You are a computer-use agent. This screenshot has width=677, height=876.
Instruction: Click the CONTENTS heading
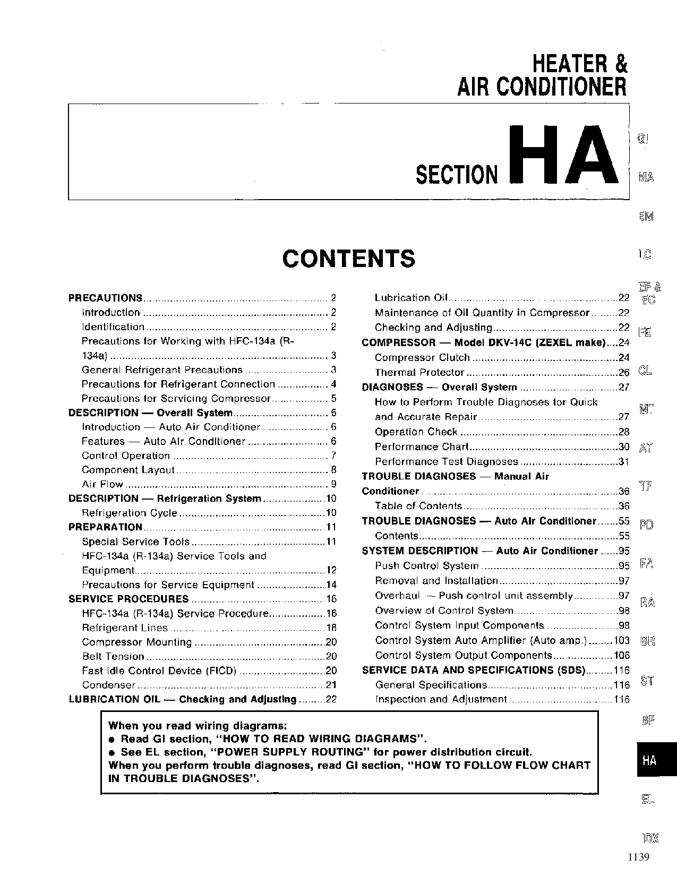pyautogui.click(x=348, y=259)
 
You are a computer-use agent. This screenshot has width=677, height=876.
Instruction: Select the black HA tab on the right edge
pyautogui.click(x=649, y=760)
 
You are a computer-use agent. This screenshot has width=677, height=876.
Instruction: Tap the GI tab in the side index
pyautogui.click(x=642, y=139)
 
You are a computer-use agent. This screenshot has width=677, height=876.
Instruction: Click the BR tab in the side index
pyautogui.click(x=648, y=641)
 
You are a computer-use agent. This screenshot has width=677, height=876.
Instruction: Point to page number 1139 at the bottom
pyautogui.click(x=638, y=857)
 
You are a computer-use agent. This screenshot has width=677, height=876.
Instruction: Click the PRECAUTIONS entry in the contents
pyautogui.click(x=105, y=298)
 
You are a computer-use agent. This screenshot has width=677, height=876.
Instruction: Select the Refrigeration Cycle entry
pyautogui.click(x=130, y=513)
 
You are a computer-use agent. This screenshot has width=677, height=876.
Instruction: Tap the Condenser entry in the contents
pyautogui.click(x=109, y=685)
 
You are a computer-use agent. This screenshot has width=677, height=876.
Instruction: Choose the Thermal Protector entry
pyautogui.click(x=419, y=372)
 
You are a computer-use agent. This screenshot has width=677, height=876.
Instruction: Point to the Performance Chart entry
pyautogui.click(x=422, y=446)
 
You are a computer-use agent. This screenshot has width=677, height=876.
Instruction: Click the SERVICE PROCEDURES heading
pyautogui.click(x=128, y=599)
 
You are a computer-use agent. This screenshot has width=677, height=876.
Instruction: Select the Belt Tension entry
pyautogui.click(x=113, y=656)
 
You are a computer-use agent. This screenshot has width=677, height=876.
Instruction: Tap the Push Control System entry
pyautogui.click(x=426, y=565)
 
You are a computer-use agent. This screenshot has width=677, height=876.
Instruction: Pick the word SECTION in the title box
pyautogui.click(x=457, y=175)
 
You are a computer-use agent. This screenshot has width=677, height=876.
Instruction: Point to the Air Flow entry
pyautogui.click(x=102, y=484)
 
